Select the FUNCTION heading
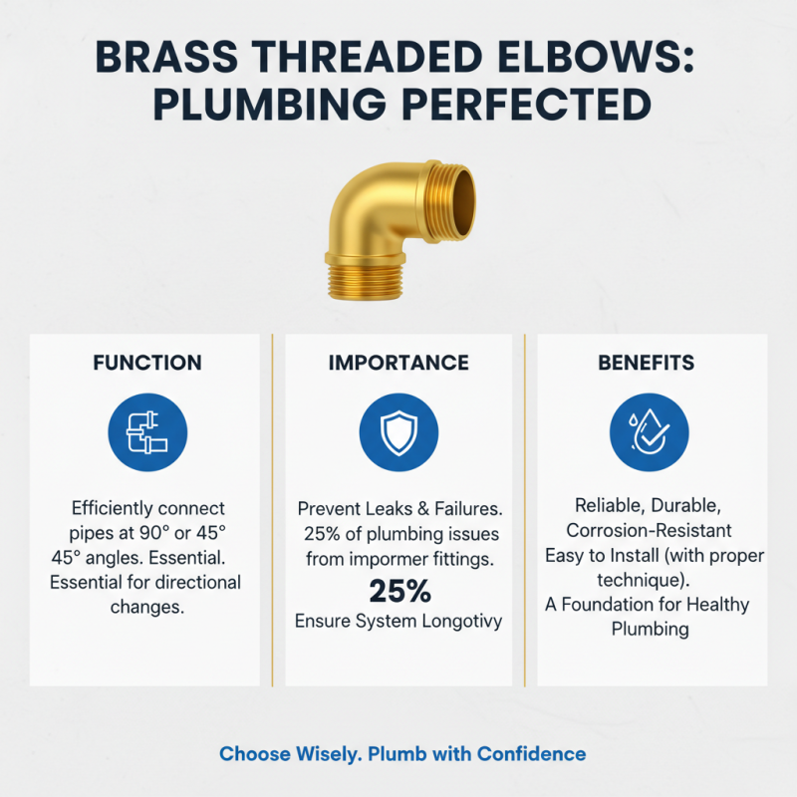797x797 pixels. coord(147,363)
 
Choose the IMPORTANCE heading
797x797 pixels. coord(398,363)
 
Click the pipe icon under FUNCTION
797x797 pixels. coord(147,430)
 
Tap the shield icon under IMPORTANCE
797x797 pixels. coord(398,430)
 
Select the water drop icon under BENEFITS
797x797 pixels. coord(650,430)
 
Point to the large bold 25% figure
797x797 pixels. coord(399,591)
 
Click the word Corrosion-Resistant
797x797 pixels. coord(650,530)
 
